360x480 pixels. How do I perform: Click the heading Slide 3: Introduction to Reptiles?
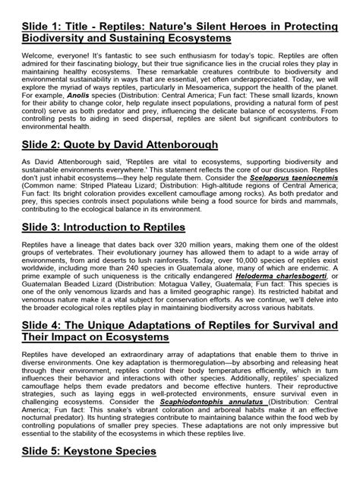[x=115, y=272]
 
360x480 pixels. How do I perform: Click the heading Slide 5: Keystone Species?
[x=90, y=472]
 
